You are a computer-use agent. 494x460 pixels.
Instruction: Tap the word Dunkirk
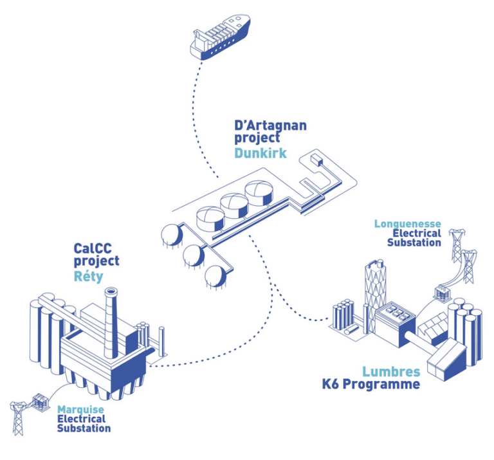[x=261, y=153]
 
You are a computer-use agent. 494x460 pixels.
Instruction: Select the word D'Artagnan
[x=270, y=125]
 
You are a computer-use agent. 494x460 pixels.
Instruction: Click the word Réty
[x=88, y=276]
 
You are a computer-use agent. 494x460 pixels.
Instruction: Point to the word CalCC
[x=93, y=248]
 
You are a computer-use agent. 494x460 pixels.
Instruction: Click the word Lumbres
[x=391, y=371]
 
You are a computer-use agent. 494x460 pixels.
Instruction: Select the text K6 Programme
[x=370, y=384]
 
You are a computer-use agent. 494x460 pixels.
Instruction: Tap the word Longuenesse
[x=407, y=224]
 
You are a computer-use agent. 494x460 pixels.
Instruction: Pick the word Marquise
[x=80, y=410]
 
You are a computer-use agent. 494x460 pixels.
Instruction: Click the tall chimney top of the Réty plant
[x=111, y=291]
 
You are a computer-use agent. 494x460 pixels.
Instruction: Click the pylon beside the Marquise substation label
[x=19, y=418]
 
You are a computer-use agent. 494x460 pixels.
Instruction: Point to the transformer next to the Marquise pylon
[x=41, y=402]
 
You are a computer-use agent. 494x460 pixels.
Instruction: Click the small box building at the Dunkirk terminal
[x=316, y=160]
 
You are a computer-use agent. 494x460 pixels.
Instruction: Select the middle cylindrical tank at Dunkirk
[x=234, y=206]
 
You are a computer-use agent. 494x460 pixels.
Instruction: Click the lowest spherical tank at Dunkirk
[x=215, y=277]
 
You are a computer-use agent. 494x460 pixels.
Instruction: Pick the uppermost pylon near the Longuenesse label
[x=457, y=245]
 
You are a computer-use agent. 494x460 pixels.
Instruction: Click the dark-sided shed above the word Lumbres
[x=447, y=359]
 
